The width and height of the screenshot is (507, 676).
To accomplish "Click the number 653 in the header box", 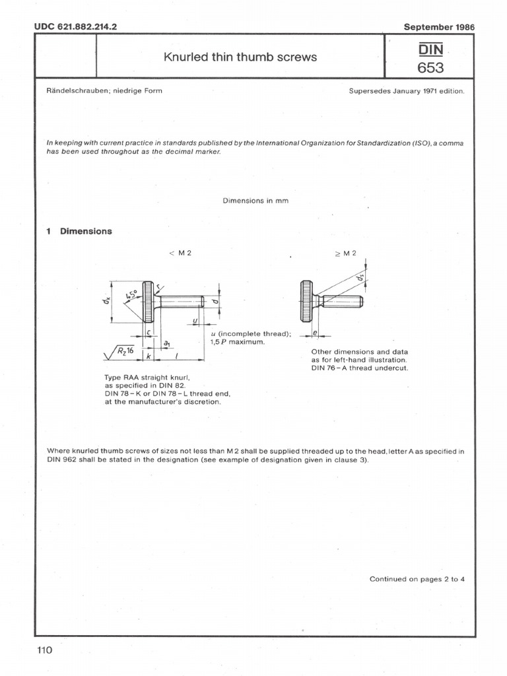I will (x=430, y=67).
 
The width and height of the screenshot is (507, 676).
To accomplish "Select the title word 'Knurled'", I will (x=184, y=57).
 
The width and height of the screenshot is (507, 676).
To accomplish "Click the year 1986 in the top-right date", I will (x=463, y=27).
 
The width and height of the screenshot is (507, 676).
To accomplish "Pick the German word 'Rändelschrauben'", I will (x=78, y=91).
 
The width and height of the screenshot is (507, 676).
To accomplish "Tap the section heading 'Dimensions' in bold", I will (x=86, y=231).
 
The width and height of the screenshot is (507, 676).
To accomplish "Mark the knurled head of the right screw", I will (x=306, y=302).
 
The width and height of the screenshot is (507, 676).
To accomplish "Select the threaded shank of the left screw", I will (x=180, y=302).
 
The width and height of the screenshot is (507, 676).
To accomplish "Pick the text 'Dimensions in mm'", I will (x=256, y=201).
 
